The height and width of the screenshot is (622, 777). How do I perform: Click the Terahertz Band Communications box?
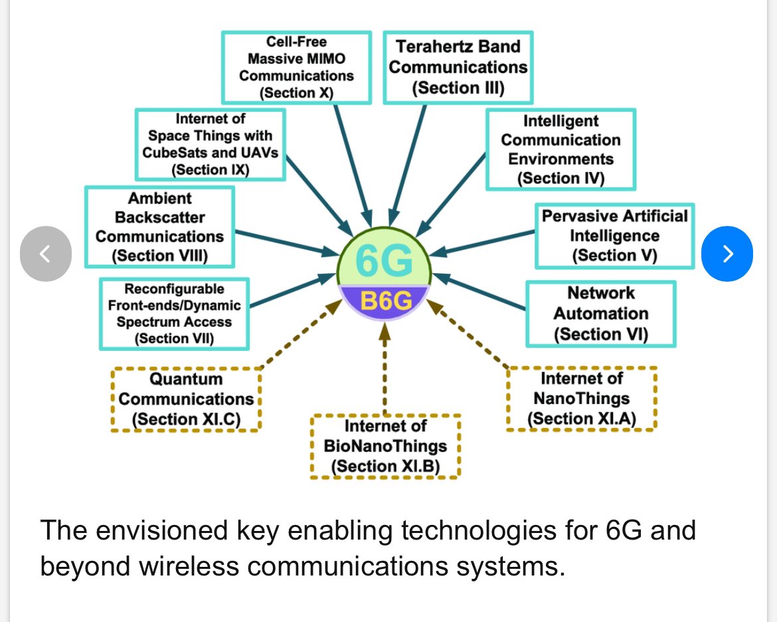coord(458,66)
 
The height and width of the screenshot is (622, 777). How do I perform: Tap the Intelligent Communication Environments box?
coord(561,150)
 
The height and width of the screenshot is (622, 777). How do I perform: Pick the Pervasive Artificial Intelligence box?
coord(614,236)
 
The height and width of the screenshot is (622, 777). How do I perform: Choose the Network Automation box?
coord(600,314)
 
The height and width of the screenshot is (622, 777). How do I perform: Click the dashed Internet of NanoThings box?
coord(582,399)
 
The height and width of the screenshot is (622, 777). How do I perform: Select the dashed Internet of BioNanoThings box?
coord(385,446)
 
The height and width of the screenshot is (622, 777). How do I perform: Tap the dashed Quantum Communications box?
coord(186,399)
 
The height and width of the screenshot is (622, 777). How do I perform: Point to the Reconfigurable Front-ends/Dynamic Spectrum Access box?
coord(174,314)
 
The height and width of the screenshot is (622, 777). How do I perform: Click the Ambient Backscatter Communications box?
coord(159,227)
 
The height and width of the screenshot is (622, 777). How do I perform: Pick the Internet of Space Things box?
coord(210,144)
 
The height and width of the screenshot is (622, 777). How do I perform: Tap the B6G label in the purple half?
coord(385,302)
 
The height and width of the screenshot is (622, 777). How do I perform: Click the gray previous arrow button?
coord(45,253)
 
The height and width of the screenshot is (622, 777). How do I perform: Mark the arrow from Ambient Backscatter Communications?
coord(286,243)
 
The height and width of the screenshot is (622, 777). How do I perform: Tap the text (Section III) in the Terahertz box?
coord(458,88)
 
